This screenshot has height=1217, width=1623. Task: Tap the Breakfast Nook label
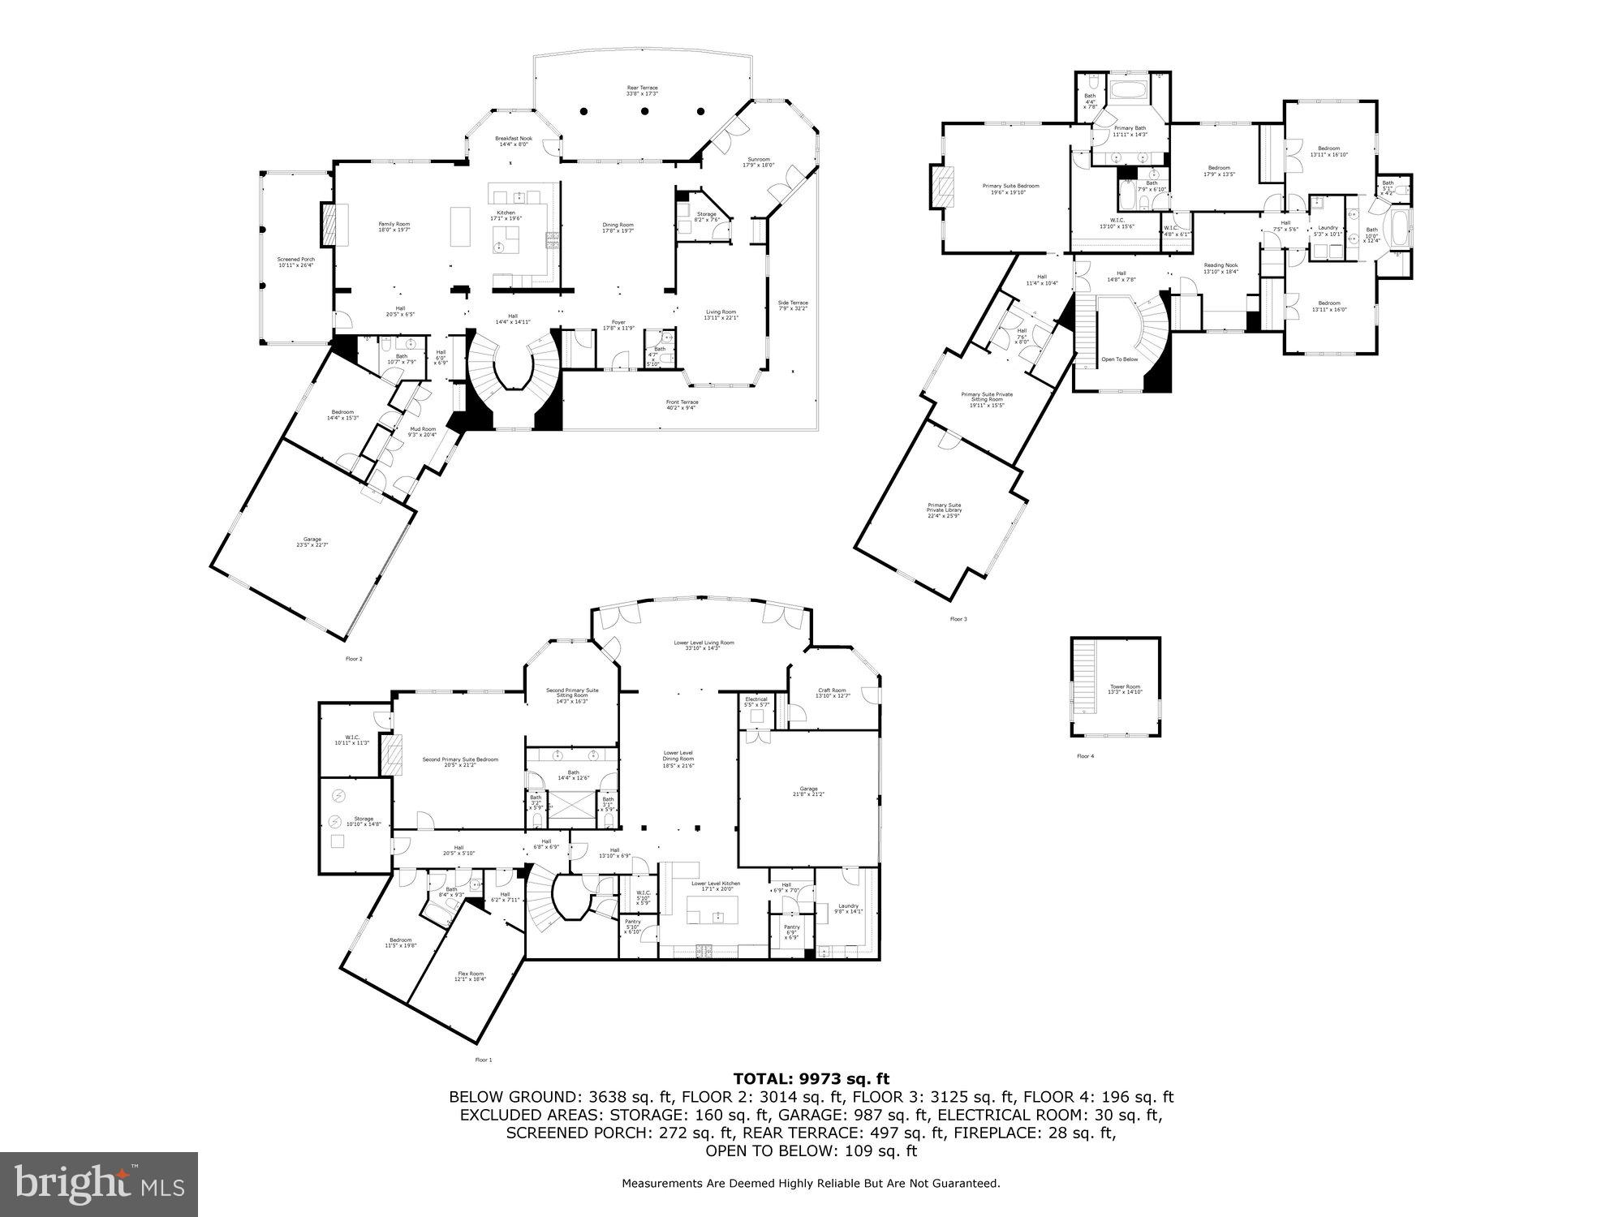pyautogui.click(x=514, y=141)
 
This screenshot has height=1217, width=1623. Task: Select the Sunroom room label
pyautogui.click(x=759, y=161)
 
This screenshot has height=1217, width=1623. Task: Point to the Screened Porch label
pyautogui.click(x=295, y=262)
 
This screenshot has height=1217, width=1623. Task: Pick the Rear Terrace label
pyautogui.click(x=642, y=90)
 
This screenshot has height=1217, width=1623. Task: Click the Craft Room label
pyautogui.click(x=831, y=693)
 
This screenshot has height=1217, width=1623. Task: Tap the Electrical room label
pyautogui.click(x=756, y=702)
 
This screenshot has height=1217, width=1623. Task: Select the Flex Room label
pyautogui.click(x=471, y=976)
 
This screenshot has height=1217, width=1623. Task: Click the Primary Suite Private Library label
pyautogui.click(x=944, y=508)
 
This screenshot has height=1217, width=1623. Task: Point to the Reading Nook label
pyautogui.click(x=1220, y=268)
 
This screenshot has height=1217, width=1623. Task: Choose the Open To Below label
pyautogui.click(x=1119, y=359)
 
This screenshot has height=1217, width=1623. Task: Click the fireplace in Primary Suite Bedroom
pyautogui.click(x=942, y=188)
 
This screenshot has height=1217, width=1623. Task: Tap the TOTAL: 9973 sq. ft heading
pyautogui.click(x=811, y=1078)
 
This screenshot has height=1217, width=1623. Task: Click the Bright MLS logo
pyautogui.click(x=98, y=1184)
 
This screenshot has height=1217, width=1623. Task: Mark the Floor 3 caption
pyautogui.click(x=958, y=619)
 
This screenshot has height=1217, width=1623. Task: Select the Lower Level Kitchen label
pyautogui.click(x=715, y=885)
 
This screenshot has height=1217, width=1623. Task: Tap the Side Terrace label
pyautogui.click(x=793, y=306)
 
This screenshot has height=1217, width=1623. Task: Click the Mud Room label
pyautogui.click(x=422, y=432)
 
